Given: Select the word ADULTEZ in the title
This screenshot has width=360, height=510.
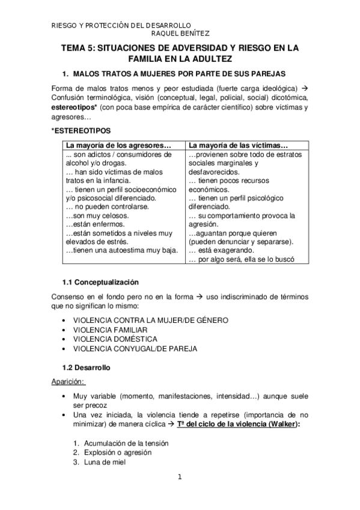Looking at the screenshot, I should [210, 59].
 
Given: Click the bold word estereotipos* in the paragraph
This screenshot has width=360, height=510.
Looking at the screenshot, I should [75, 107].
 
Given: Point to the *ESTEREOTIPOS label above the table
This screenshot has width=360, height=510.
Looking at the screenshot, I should [81, 130].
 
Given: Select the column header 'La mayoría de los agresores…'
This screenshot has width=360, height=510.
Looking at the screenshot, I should [118, 146].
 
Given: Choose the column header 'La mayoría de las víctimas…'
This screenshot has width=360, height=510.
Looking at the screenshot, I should [239, 146].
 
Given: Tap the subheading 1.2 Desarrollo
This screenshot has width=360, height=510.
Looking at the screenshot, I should [87, 367].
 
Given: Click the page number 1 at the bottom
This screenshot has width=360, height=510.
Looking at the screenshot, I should [179, 478].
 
